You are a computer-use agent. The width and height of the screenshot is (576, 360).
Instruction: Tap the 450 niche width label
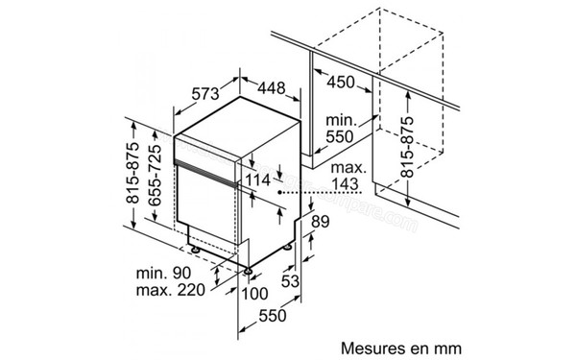coord(340,82)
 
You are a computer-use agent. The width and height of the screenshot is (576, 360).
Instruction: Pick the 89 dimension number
coord(320,223)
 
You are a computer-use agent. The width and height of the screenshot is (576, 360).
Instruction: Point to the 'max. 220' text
coord(174,292)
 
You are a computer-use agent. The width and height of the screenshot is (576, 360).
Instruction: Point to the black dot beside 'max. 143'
coord(282,193)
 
